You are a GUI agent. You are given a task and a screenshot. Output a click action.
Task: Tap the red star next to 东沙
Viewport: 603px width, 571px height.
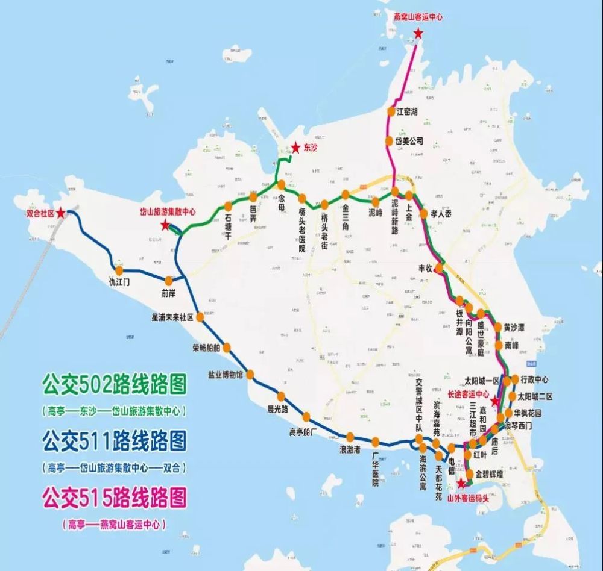(295, 146)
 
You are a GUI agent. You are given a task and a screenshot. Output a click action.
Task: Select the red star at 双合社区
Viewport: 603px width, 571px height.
(61, 213)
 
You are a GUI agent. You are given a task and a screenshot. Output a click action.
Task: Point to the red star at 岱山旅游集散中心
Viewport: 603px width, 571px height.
(165, 225)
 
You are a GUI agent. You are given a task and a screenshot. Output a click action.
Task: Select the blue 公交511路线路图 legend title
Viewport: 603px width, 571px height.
(114, 441)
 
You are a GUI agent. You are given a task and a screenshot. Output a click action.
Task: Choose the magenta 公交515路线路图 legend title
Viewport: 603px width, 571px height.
(114, 498)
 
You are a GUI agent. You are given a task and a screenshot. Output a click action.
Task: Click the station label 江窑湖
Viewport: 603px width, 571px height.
(407, 111)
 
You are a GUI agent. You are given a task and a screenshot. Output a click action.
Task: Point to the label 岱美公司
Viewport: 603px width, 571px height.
(409, 141)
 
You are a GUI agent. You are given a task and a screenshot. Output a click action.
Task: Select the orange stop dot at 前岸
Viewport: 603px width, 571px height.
(169, 279)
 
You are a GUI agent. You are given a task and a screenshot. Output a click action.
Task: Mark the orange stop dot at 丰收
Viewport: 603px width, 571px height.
(440, 267)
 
